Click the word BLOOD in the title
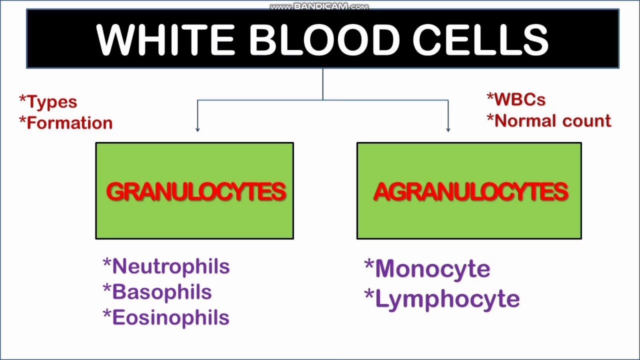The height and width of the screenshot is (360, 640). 323,39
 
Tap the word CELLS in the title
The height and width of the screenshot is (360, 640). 480,39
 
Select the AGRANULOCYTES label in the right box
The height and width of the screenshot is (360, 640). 470,192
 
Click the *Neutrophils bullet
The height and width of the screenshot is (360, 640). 166,266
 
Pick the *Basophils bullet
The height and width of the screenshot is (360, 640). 157,292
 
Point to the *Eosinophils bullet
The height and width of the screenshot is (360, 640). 166,317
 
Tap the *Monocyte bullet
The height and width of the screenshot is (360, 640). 427,269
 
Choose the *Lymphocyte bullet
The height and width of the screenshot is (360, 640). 442,299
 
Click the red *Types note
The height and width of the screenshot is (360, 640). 48,102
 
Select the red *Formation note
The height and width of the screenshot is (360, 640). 66,123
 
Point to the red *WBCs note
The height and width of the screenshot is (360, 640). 516,99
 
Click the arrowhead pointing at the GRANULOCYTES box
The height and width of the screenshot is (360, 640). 197,129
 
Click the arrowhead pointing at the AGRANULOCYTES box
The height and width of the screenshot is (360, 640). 448,129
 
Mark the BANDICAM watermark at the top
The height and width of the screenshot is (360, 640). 319,6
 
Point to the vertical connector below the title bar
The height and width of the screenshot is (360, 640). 322,84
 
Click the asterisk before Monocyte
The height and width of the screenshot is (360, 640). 369,265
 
